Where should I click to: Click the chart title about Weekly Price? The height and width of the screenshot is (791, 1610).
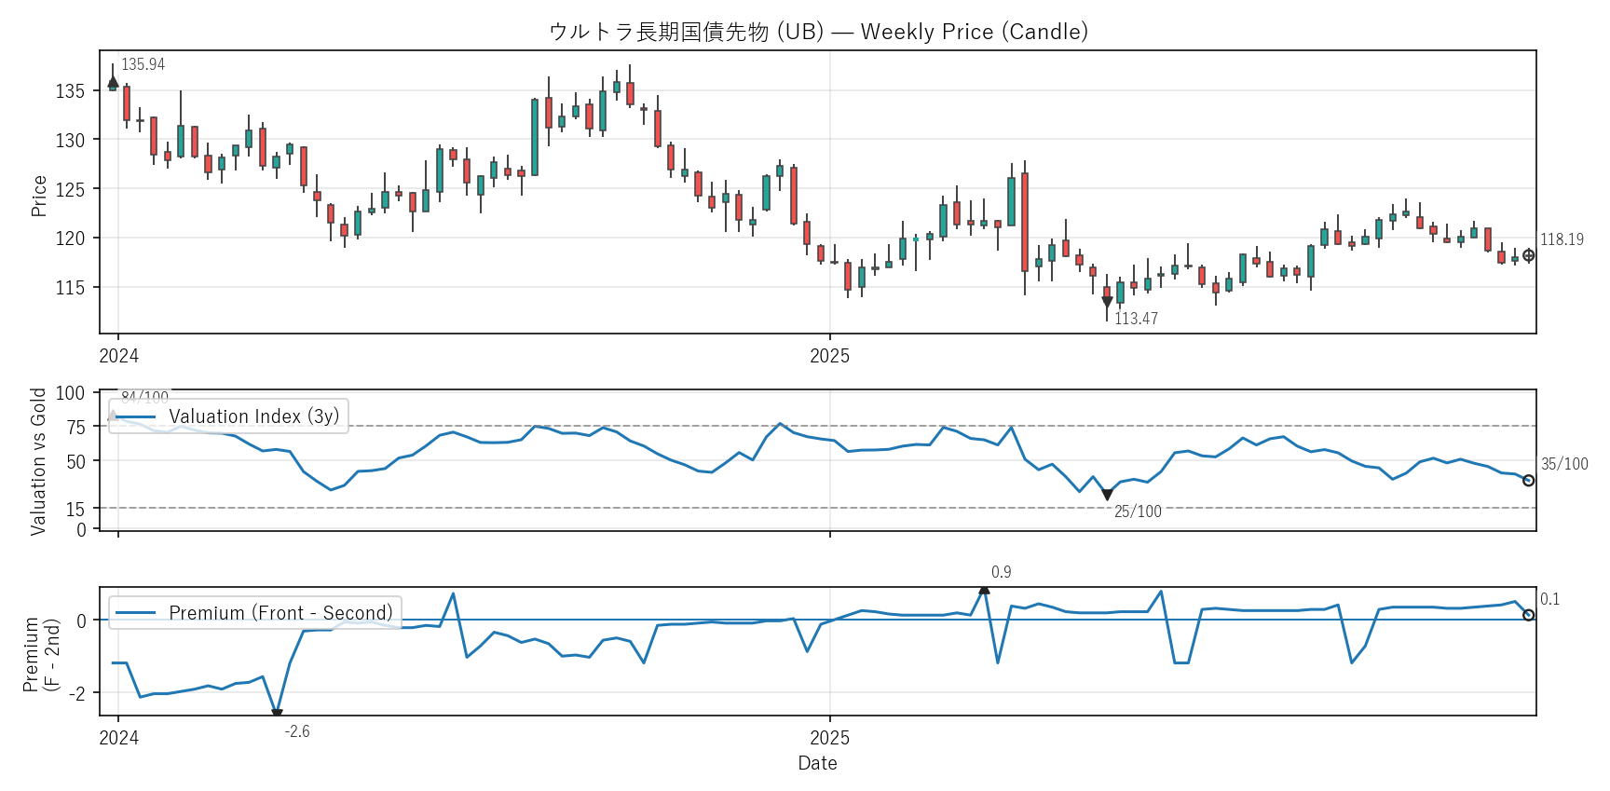point(818,32)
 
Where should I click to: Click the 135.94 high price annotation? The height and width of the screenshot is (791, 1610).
point(143,64)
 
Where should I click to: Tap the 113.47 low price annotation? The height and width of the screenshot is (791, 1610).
point(1136,319)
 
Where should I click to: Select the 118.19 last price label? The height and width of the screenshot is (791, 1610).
point(1562,239)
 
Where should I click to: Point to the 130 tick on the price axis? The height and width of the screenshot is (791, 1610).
point(70,141)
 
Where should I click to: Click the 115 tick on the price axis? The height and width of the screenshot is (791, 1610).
point(70,288)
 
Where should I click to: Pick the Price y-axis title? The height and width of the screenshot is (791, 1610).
point(39,196)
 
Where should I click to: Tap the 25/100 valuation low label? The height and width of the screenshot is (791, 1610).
point(1138,511)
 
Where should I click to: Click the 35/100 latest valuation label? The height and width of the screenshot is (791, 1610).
point(1564,464)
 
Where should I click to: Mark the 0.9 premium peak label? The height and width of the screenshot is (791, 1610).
point(1001,572)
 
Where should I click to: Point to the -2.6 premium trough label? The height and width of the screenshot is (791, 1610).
point(297,731)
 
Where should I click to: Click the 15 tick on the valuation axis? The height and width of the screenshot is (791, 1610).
point(75,509)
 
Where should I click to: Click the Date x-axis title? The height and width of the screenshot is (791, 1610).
point(817,763)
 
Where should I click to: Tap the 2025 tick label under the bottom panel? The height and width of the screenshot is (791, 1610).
point(829,738)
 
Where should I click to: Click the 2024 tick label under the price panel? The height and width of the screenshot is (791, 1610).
point(118,356)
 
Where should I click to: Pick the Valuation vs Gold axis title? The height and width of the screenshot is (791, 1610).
point(38,461)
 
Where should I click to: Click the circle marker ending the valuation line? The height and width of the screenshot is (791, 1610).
point(1528,481)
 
